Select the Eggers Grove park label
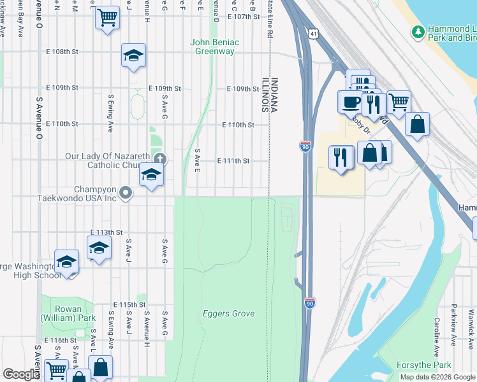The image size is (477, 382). (228, 313)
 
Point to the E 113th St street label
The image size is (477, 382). (106, 232)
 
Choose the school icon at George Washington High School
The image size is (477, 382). (67, 262)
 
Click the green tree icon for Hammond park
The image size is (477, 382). (418, 31)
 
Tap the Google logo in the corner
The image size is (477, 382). (20, 374)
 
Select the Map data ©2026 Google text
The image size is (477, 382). (437, 377)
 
